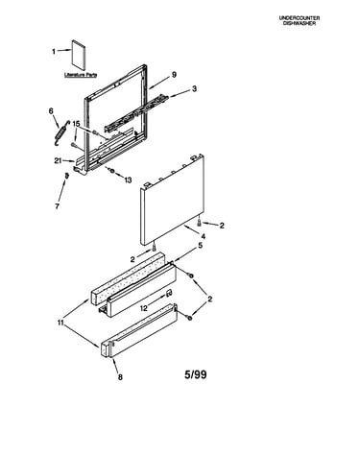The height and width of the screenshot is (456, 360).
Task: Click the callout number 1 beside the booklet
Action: pyautogui.click(x=54, y=51)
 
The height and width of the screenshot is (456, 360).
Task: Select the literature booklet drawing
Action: pyautogui.click(x=79, y=55)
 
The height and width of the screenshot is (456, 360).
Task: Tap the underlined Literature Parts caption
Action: pyautogui.click(x=81, y=75)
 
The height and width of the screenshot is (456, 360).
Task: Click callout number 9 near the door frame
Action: pyautogui.click(x=174, y=75)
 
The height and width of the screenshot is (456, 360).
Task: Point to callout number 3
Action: pyautogui.click(x=194, y=89)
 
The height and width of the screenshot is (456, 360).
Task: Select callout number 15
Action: pyautogui.click(x=76, y=124)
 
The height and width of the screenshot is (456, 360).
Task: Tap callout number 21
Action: pyautogui.click(x=58, y=161)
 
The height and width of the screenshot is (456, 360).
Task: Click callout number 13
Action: pyautogui.click(x=128, y=180)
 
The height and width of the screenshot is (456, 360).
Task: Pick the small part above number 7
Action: pyautogui.click(x=66, y=176)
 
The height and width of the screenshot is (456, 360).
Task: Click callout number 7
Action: pyautogui.click(x=57, y=206)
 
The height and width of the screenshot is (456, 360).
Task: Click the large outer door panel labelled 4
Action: pyautogui.click(x=172, y=200)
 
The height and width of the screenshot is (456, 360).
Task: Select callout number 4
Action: pyautogui.click(x=203, y=237)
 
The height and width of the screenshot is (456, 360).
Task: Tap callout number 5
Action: pyautogui.click(x=201, y=246)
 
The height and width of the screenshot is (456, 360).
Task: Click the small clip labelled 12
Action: pyautogui.click(x=169, y=293)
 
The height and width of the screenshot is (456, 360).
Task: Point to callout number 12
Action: pyautogui.click(x=144, y=308)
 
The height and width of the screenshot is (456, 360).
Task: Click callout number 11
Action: pyautogui.click(x=60, y=323)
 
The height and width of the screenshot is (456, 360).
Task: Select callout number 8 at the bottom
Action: pyautogui.click(x=120, y=377)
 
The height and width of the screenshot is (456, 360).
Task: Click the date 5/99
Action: pyautogui.click(x=196, y=374)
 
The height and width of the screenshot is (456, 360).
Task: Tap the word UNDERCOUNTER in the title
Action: pyautogui.click(x=300, y=18)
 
